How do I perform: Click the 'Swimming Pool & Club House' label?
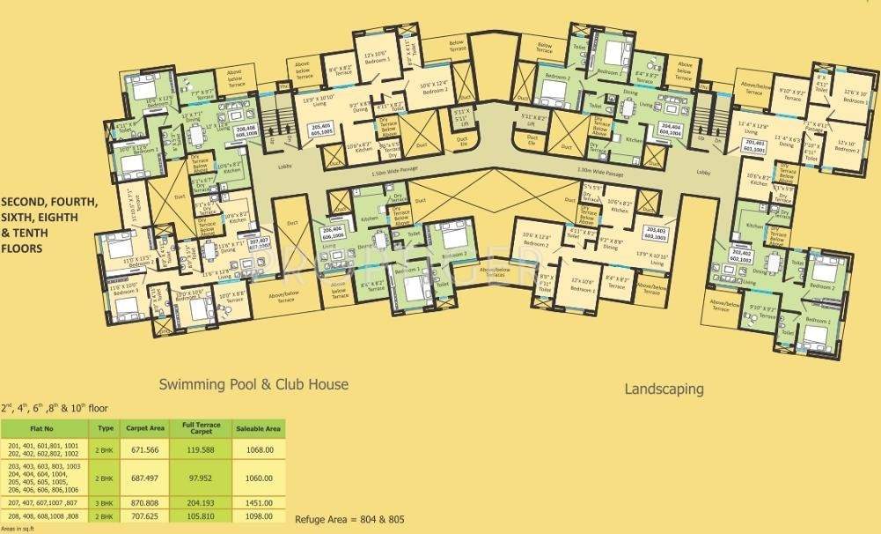254,384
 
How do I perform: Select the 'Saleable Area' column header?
258,428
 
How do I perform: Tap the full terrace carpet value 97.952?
201,478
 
